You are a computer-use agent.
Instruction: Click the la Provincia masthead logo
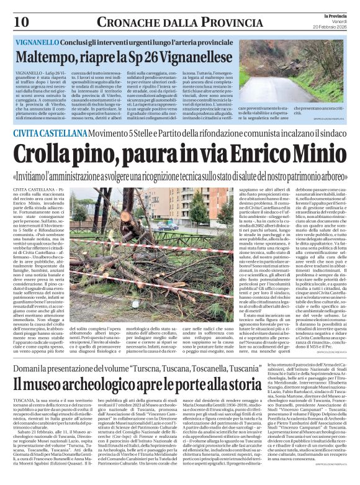333,14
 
